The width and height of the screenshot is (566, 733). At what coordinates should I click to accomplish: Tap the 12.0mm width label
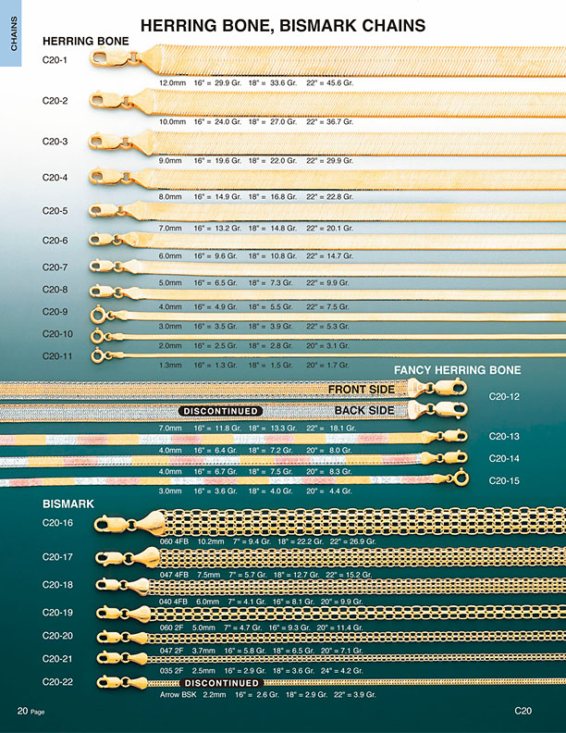(173, 83)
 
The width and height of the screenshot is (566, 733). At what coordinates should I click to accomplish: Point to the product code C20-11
(58, 355)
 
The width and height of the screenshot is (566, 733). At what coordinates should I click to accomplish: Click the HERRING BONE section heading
(86, 42)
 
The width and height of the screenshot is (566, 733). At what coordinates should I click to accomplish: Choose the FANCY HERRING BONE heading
(458, 369)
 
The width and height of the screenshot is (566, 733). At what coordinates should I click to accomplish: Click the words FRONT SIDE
(362, 390)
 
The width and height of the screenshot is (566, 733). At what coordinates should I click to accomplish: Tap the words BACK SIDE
(364, 410)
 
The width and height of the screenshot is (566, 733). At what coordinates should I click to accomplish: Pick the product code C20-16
(58, 523)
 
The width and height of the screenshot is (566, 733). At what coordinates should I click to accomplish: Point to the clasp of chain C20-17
(141, 556)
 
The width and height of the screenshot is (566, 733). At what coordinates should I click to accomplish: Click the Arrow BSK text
(178, 694)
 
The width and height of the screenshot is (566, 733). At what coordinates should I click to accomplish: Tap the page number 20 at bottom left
(23, 711)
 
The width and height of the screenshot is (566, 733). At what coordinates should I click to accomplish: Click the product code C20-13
(504, 436)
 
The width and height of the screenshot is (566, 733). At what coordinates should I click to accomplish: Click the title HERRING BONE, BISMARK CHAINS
(283, 25)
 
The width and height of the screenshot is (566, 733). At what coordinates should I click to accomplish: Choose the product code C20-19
(58, 612)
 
